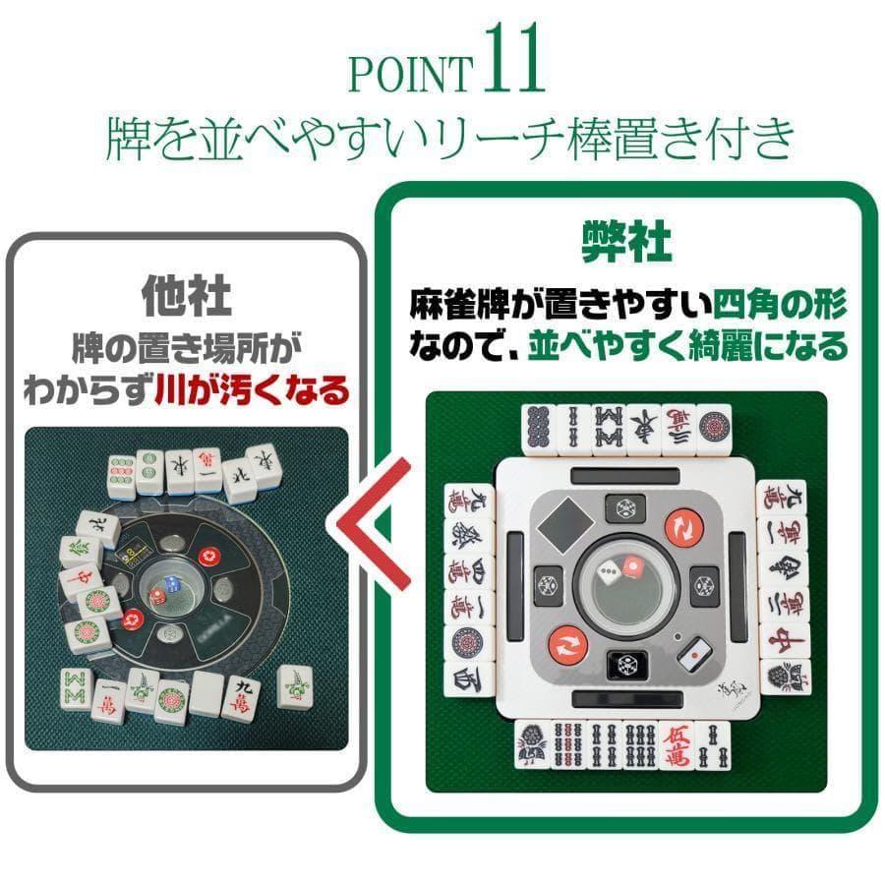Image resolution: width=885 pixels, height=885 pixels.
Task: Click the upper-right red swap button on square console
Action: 681,528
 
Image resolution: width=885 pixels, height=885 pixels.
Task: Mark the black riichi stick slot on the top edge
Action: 627,474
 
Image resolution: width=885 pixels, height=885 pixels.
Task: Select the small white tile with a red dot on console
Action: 694,649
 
